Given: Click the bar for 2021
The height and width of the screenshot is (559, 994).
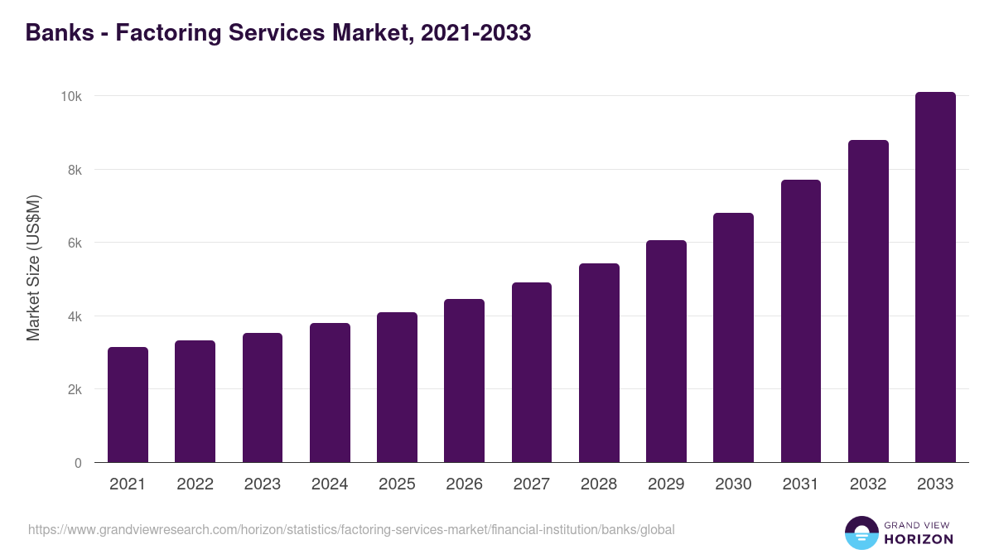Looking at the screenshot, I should pyautogui.click(x=128, y=405).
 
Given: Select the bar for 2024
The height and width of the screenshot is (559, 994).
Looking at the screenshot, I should pyautogui.click(x=330, y=393).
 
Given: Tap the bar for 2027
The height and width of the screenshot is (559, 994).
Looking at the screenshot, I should pyautogui.click(x=532, y=373).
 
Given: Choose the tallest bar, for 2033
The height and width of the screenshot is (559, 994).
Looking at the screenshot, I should pyautogui.click(x=935, y=277).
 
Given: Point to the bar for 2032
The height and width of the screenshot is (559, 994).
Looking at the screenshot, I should pyautogui.click(x=868, y=301).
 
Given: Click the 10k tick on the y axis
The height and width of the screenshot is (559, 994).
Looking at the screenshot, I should pyautogui.click(x=71, y=96).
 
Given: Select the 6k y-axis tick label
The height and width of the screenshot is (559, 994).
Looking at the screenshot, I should pyautogui.click(x=75, y=243).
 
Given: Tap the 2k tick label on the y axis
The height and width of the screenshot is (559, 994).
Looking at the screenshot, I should pyautogui.click(x=75, y=389).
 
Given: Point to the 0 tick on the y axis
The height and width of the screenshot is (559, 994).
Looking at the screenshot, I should pyautogui.click(x=78, y=463).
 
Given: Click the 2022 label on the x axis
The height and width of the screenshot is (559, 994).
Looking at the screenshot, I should pyautogui.click(x=195, y=484).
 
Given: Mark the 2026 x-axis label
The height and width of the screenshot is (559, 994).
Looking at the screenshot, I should pyautogui.click(x=464, y=484).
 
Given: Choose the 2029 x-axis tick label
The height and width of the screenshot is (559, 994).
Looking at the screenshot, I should pyautogui.click(x=666, y=484).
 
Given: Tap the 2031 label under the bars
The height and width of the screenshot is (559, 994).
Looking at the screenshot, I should pyautogui.click(x=801, y=484).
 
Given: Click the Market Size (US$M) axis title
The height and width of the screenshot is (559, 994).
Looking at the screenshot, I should pyautogui.click(x=34, y=268).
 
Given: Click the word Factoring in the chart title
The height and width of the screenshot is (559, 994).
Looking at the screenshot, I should pyautogui.click(x=152, y=33).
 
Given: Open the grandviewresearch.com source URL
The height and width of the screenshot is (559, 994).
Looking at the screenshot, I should pyautogui.click(x=351, y=529).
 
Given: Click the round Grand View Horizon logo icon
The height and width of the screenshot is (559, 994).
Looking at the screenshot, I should pyautogui.click(x=861, y=532).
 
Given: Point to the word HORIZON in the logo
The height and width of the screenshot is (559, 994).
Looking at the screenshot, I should pyautogui.click(x=918, y=539).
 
